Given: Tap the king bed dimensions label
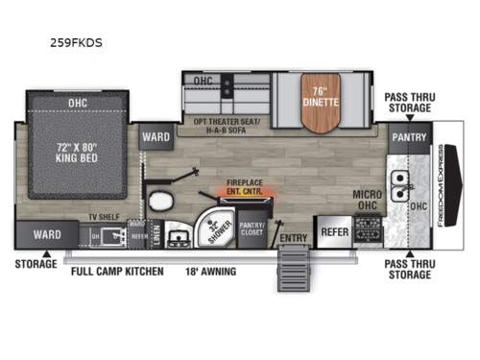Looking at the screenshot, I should click(x=75, y=153).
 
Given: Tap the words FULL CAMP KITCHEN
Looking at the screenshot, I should click(x=117, y=272).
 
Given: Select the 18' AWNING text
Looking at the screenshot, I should click(x=210, y=272).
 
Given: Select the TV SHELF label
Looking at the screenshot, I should click(x=103, y=218).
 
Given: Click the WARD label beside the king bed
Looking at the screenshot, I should click(x=156, y=136).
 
